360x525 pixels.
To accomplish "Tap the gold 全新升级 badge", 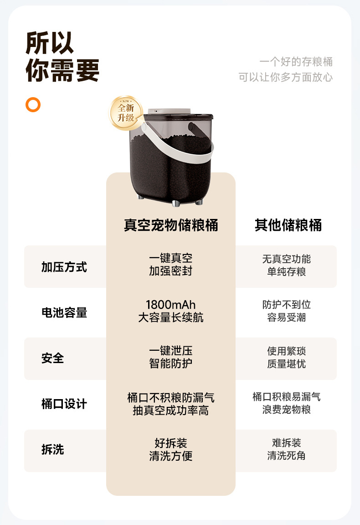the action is (126, 113).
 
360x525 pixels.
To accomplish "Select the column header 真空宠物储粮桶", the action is (171, 225).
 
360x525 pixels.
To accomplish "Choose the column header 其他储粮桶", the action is (288, 225).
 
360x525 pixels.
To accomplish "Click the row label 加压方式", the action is (64, 267).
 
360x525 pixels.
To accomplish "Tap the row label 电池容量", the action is (64, 313).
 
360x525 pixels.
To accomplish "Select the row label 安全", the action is (52, 358).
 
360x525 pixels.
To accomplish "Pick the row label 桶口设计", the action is (64, 404).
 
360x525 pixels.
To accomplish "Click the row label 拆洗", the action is (52, 449).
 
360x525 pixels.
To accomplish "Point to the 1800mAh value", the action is (170, 305).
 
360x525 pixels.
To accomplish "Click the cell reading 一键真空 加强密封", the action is (171, 265).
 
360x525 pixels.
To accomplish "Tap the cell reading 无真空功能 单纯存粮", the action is (286, 265).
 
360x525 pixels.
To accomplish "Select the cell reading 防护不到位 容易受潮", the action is (286, 311).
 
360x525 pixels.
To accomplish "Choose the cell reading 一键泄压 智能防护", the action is (171, 357).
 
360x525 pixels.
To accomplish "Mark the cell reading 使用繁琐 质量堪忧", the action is (286, 357).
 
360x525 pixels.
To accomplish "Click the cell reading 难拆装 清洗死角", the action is (286, 449).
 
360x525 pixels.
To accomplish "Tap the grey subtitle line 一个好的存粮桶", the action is (296, 62).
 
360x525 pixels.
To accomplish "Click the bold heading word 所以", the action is (50, 43).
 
